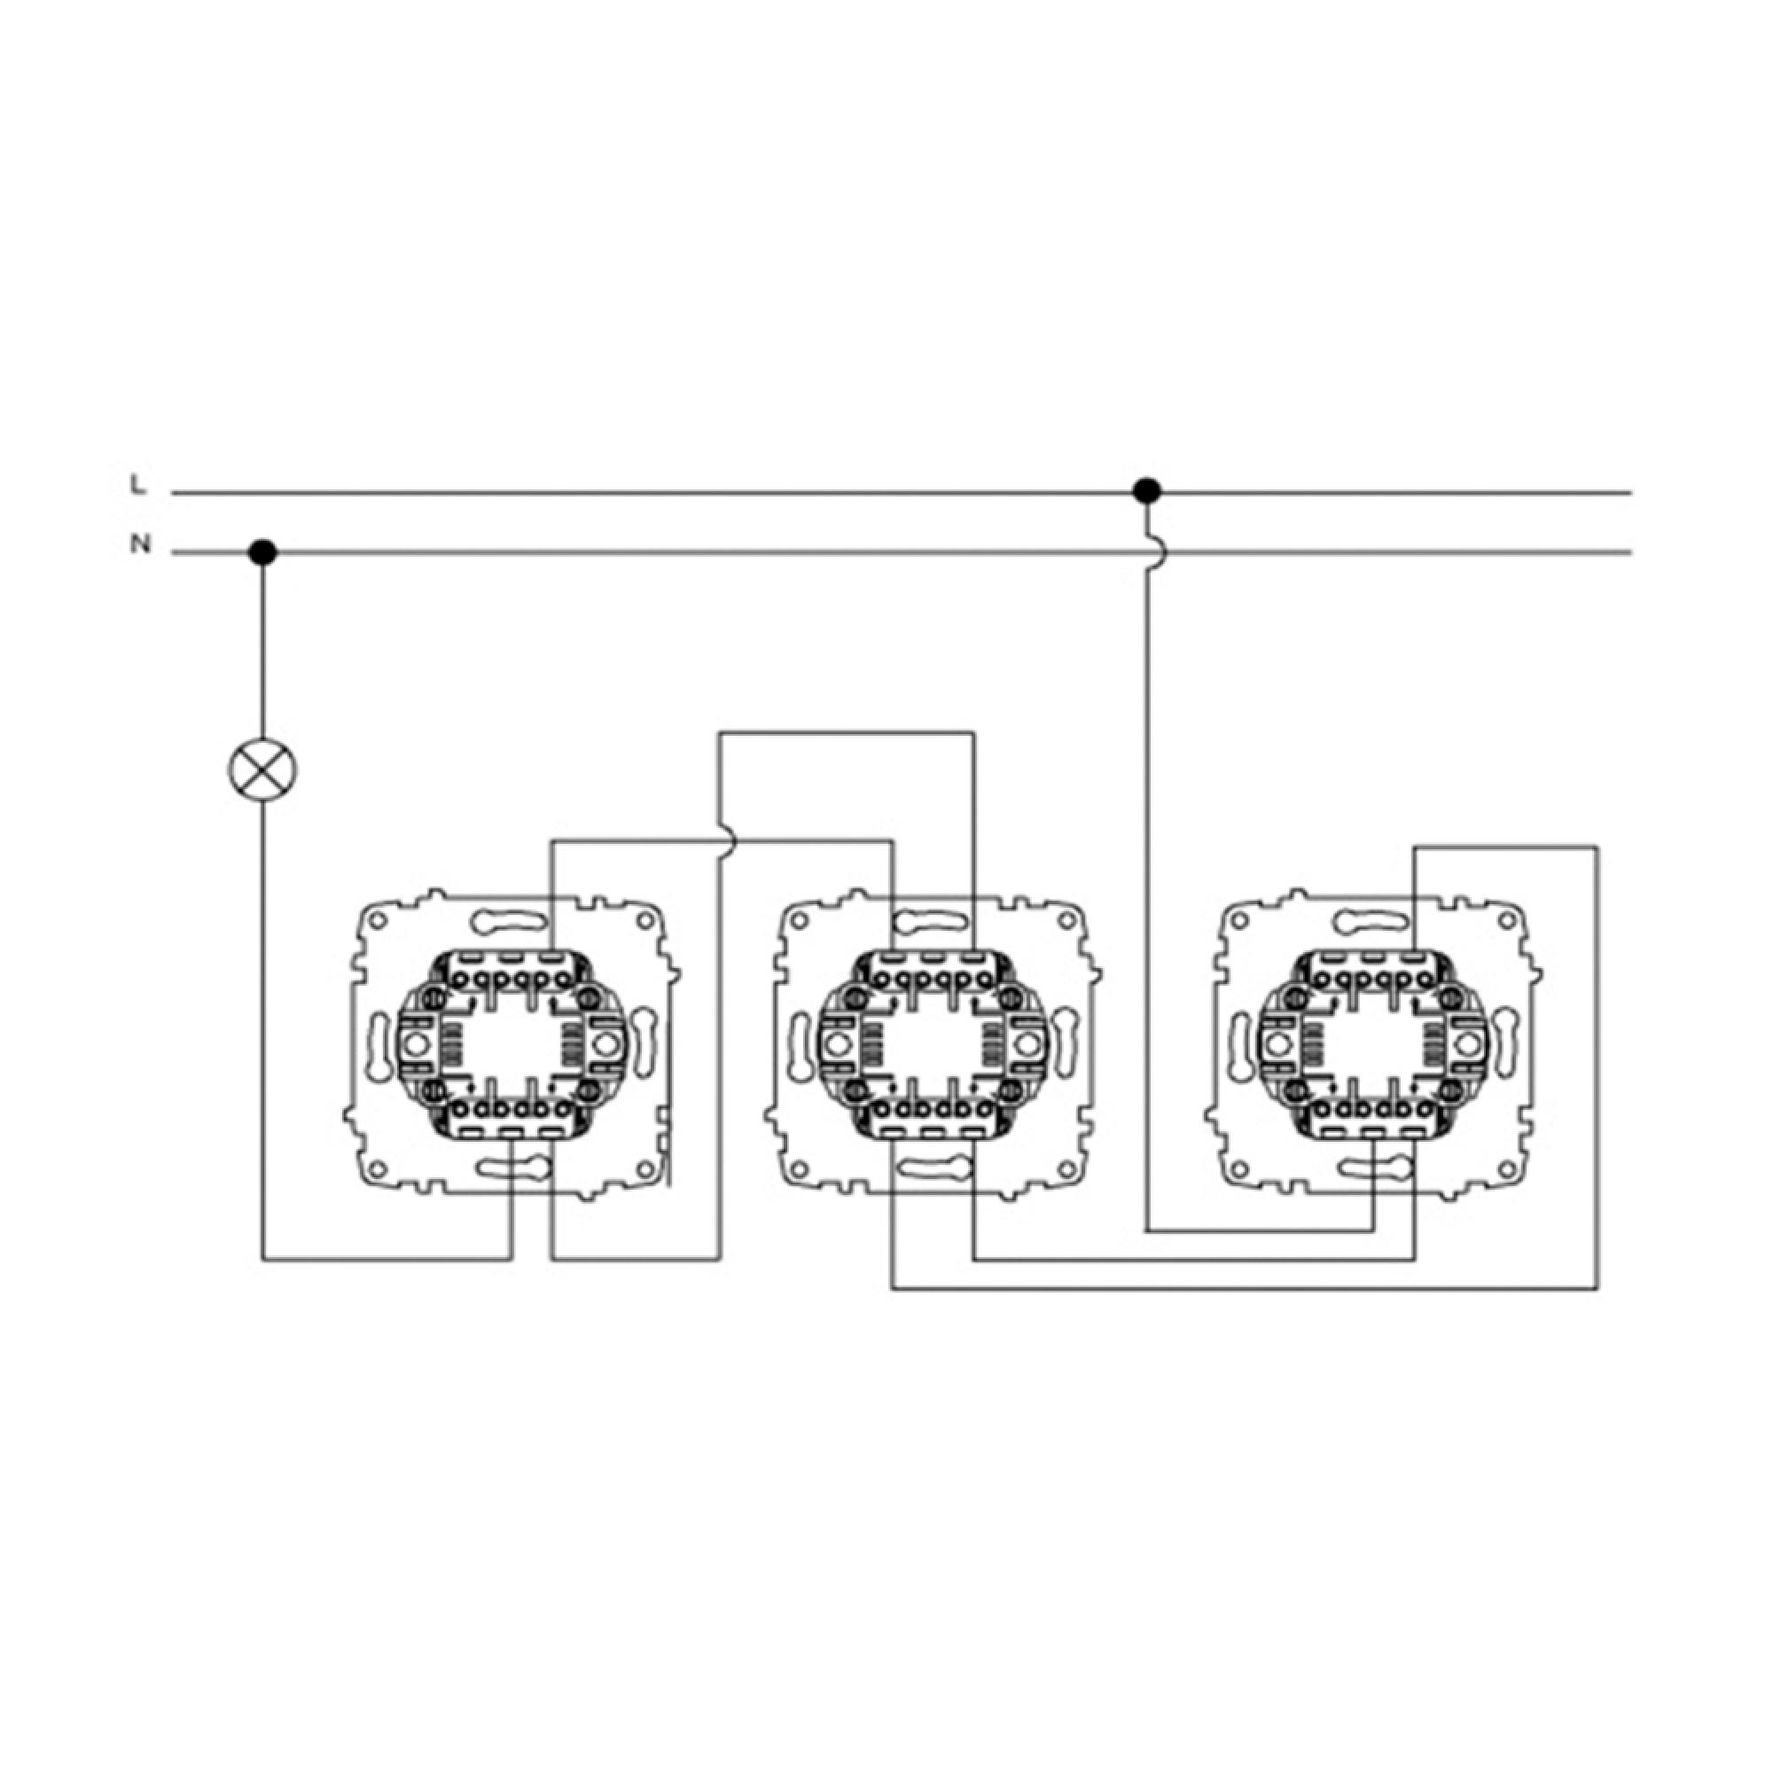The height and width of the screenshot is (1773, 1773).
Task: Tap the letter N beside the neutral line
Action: pos(139,544)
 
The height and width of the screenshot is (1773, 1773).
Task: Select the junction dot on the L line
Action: pos(1146,491)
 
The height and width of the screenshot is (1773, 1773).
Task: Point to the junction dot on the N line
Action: pos(262,552)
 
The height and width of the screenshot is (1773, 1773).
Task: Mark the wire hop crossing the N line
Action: pos(1155,552)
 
